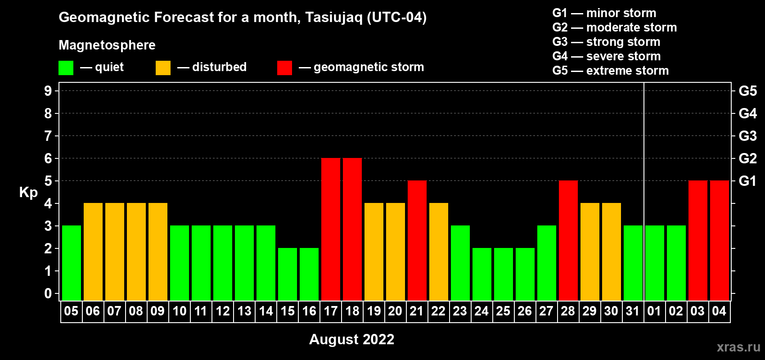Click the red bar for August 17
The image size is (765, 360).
click(331, 229)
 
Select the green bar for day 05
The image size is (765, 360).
click(72, 263)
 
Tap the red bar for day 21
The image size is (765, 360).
click(417, 240)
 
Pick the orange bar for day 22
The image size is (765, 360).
click(438, 252)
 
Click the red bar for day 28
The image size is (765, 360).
click(568, 240)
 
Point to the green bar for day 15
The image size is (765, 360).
click(288, 274)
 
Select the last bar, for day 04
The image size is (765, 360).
click(720, 240)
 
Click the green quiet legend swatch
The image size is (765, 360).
click(66, 67)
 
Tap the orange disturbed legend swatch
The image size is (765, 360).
click(163, 67)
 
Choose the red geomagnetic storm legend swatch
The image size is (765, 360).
click(284, 67)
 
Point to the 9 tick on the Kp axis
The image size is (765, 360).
click(48, 91)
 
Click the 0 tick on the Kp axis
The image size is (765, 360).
click(48, 293)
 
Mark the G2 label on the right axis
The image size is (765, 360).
click(747, 158)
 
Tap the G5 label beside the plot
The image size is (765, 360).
click(747, 91)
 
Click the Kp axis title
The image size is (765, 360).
click(28, 192)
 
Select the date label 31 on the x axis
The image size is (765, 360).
click(633, 311)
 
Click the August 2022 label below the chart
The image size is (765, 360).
click(352, 339)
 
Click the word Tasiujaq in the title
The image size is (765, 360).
click(333, 18)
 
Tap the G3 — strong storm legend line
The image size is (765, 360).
click(606, 42)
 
